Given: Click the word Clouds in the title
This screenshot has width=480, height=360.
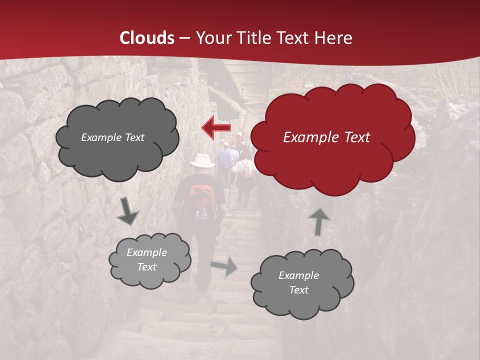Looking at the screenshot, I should click(147, 37).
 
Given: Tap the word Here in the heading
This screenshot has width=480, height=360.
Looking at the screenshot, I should click(334, 37).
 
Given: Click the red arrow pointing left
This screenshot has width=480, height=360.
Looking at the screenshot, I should click(216, 128).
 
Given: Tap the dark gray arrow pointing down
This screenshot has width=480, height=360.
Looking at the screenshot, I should click(127, 210).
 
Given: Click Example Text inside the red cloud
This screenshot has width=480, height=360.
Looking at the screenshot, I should click(326, 137).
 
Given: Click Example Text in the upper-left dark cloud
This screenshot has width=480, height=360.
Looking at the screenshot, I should click(112, 137).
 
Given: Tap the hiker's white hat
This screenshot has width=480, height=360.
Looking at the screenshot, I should click(203, 160).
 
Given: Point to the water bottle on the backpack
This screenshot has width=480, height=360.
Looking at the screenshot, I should click(203, 214).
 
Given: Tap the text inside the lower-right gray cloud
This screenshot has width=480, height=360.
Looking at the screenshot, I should click(298, 282).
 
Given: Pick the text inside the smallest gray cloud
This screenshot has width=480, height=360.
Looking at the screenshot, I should click(146, 259).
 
